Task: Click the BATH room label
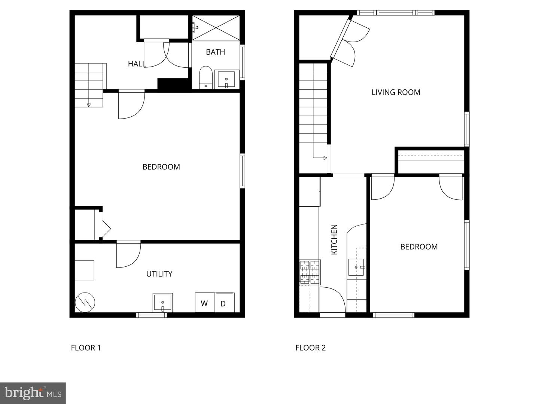[x=215, y=52]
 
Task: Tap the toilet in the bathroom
[x=205, y=77]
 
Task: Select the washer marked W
[x=204, y=303]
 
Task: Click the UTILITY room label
[x=159, y=274]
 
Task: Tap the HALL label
[x=137, y=64]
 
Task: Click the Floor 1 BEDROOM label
[x=161, y=167]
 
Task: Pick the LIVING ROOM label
[x=396, y=92]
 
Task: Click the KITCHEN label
[x=334, y=239]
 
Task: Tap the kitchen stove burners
[x=310, y=272]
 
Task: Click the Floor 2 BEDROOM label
[x=419, y=247]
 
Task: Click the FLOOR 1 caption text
[x=86, y=348]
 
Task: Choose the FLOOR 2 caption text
[x=310, y=348]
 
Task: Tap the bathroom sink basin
[x=226, y=79]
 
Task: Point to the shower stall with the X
[x=216, y=27]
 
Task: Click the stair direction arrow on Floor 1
[x=89, y=104]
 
